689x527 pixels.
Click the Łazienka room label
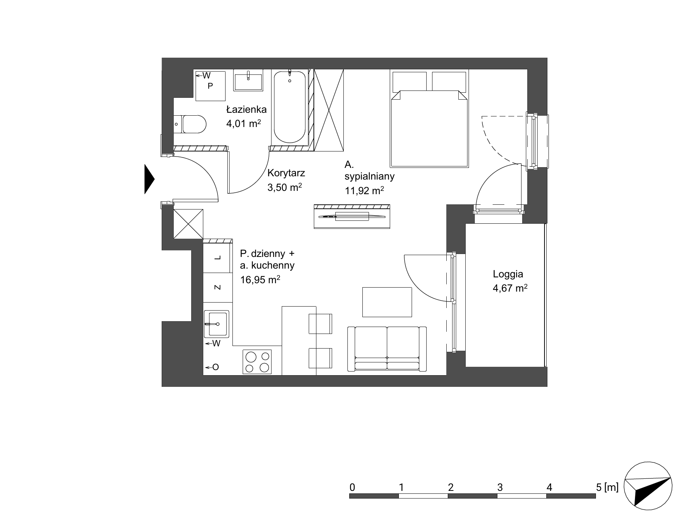(x=246, y=109)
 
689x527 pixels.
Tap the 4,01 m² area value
(x=244, y=123)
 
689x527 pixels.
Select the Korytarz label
(x=286, y=173)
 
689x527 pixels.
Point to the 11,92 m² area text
(x=364, y=190)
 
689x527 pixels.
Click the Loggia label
(x=508, y=274)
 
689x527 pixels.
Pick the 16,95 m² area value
(x=260, y=280)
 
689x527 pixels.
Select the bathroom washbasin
(x=248, y=80)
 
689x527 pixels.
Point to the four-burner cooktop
(x=257, y=361)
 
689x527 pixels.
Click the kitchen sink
(x=216, y=324)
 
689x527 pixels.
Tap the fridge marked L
(x=218, y=258)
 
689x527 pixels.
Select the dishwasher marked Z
(x=218, y=288)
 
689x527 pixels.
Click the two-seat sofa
(x=387, y=349)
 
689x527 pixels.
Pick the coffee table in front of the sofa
(x=387, y=302)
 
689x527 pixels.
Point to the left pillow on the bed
(x=409, y=81)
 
